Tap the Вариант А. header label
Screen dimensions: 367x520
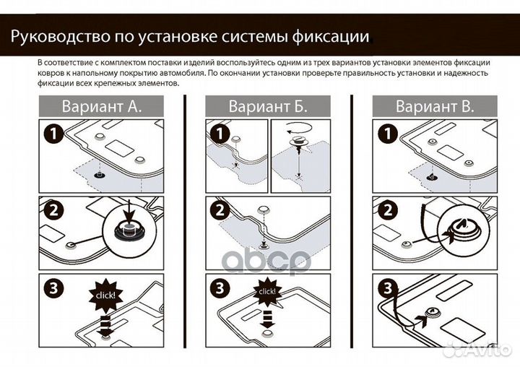pyautogui.click(x=101, y=106)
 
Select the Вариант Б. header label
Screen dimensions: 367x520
pyautogui.click(x=268, y=106)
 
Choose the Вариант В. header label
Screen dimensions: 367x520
pyautogui.click(x=435, y=106)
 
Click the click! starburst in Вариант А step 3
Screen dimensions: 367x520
pyautogui.click(x=105, y=295)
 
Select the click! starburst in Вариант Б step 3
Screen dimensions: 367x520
pyautogui.click(x=266, y=291)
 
